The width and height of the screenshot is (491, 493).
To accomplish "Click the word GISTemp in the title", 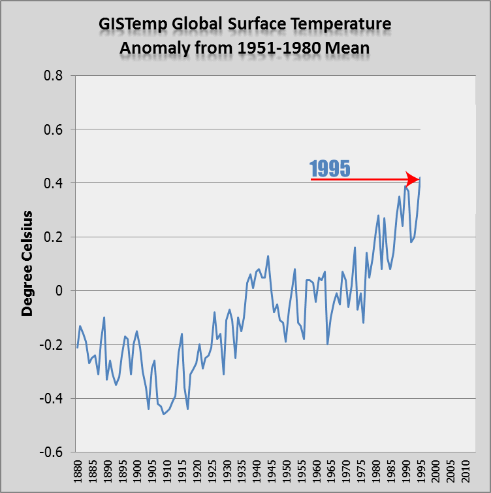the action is click(x=133, y=25).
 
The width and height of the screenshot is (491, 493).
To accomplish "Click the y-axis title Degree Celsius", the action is click(x=27, y=263).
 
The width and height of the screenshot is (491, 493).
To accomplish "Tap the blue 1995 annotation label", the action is click(x=330, y=169).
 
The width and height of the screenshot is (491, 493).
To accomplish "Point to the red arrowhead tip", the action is click(x=419, y=180).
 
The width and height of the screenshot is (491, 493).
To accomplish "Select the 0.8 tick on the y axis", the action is click(x=53, y=76).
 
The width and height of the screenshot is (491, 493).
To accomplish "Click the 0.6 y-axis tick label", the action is click(x=53, y=129).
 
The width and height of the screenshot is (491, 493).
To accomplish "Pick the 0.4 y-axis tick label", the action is click(x=53, y=183).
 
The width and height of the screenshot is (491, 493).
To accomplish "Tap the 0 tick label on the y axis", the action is click(x=59, y=291).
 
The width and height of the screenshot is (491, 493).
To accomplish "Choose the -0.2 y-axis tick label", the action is click(x=51, y=345).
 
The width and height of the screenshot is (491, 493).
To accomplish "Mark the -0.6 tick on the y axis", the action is click(x=51, y=452).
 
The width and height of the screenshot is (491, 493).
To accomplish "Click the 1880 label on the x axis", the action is click(x=77, y=471).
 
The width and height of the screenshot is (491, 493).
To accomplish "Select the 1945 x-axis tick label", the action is click(x=272, y=471).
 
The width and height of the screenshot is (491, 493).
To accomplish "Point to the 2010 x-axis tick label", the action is click(x=466, y=471).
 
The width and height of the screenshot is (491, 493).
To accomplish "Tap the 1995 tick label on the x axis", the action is click(x=421, y=471).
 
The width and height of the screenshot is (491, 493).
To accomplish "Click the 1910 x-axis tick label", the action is click(x=167, y=471).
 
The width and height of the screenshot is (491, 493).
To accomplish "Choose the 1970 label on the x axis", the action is click(x=346, y=471).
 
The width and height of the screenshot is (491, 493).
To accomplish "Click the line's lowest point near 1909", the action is click(x=164, y=415).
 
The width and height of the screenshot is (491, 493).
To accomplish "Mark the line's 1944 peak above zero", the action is click(x=268, y=256).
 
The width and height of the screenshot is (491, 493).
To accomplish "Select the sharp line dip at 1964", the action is click(x=327, y=345).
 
